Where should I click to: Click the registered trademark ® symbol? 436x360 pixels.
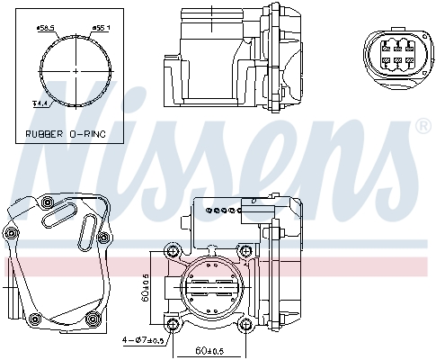423,127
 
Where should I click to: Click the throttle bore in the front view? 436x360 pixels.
211,288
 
